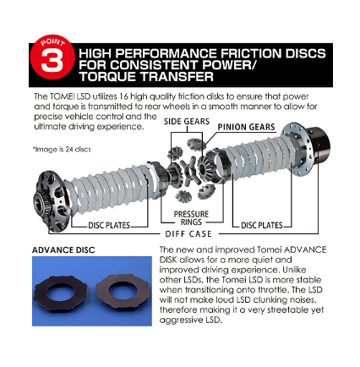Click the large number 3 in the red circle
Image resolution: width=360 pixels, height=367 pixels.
(x=52, y=61)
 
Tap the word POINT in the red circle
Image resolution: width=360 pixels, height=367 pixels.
(x=53, y=42)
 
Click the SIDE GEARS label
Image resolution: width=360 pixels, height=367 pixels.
(x=187, y=122)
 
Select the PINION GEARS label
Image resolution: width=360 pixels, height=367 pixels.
(x=246, y=127)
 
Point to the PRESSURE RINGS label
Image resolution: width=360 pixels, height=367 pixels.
(x=191, y=218)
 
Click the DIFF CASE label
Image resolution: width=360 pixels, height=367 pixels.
(x=188, y=234)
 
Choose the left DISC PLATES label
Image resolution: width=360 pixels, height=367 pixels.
(x=109, y=225)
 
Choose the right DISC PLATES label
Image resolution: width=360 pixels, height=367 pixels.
(x=262, y=225)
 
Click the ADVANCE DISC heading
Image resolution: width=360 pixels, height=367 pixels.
(x=63, y=250)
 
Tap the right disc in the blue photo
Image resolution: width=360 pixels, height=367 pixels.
(x=123, y=291)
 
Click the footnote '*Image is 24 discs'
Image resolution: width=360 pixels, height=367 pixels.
(x=62, y=150)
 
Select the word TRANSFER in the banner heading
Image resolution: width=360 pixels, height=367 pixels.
(x=177, y=76)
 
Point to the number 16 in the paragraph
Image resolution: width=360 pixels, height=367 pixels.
(x=123, y=96)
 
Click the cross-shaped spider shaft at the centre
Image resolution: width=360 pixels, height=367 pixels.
(x=189, y=171)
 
